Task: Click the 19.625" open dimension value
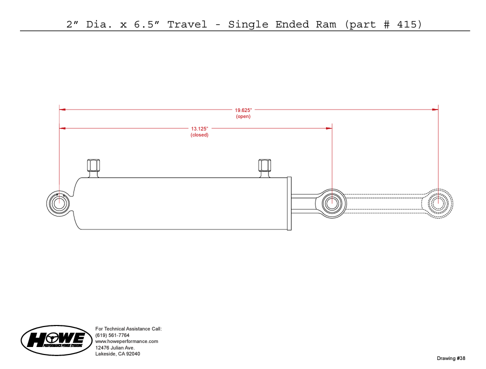coord(243,110)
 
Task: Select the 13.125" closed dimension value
coord(199,128)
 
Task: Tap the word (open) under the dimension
coord(243,116)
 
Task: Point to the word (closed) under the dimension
coord(199,135)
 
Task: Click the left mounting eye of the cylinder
coord(58,203)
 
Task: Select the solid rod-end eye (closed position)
coord(331,203)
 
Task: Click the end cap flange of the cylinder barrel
coord(289,203)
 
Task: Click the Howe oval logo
coord(56,340)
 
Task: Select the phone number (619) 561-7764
coord(112,335)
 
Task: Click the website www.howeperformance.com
coord(127,341)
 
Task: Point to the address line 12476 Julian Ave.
coord(115,347)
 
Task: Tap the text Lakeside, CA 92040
coord(118,354)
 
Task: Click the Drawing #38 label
coord(451,358)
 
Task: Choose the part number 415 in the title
coord(407,24)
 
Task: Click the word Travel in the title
coord(187,24)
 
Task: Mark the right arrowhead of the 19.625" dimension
coord(435,109)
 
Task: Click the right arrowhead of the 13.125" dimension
coord(329,128)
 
